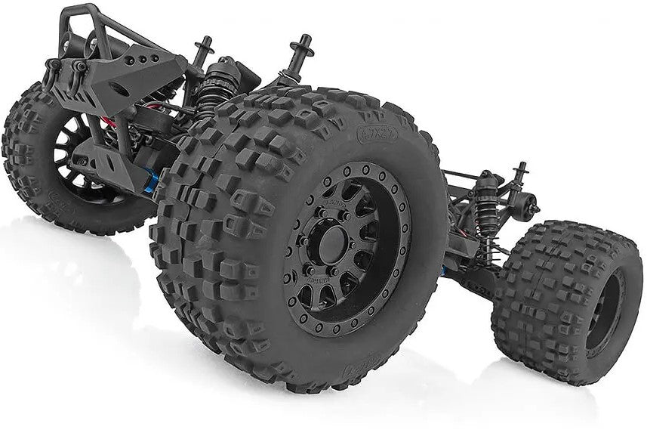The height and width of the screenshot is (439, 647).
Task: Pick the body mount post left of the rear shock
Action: tap(202, 51)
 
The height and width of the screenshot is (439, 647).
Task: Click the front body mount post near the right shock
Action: tap(519, 178)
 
